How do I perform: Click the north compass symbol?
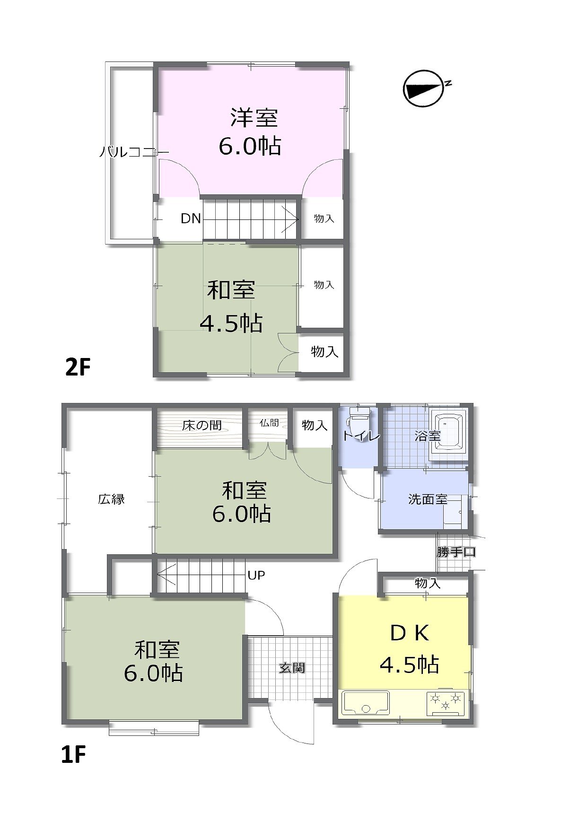(x=424, y=89)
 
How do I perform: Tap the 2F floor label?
(x=78, y=367)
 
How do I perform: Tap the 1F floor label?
(x=73, y=755)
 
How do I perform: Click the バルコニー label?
(x=134, y=152)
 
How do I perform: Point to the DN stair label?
(x=191, y=218)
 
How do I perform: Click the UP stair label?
(x=256, y=575)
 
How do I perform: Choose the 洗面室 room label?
(x=428, y=499)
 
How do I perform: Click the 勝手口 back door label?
(x=456, y=551)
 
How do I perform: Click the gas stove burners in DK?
(x=446, y=702)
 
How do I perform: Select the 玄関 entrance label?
(x=292, y=668)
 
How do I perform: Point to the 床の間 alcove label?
(x=202, y=425)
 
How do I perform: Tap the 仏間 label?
(x=269, y=423)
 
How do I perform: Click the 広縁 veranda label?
(x=112, y=498)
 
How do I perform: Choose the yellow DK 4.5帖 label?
(x=410, y=648)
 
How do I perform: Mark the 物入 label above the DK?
(x=428, y=583)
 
